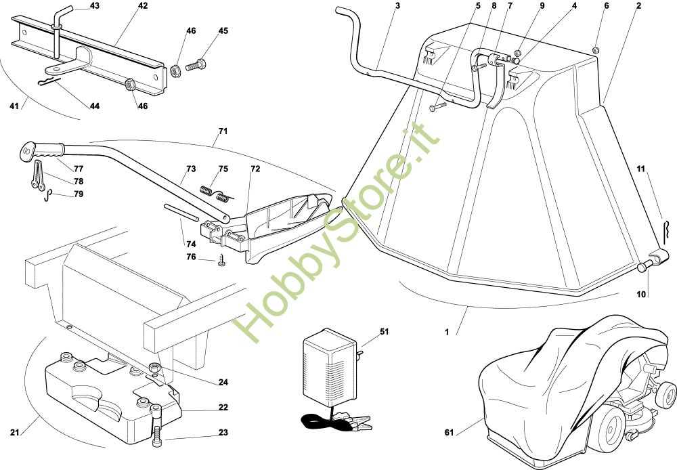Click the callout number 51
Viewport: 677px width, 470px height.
coord(385,331)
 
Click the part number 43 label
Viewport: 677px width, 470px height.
coord(94,6)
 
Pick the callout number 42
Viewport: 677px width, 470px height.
coord(143,6)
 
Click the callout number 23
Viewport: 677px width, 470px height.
coord(223,433)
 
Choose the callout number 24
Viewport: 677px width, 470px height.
coord(223,382)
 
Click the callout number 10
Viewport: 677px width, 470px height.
coord(641,294)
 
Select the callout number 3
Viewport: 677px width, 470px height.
coord(397,6)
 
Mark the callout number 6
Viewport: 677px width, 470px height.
coord(606,6)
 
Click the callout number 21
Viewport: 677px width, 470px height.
coord(14,433)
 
